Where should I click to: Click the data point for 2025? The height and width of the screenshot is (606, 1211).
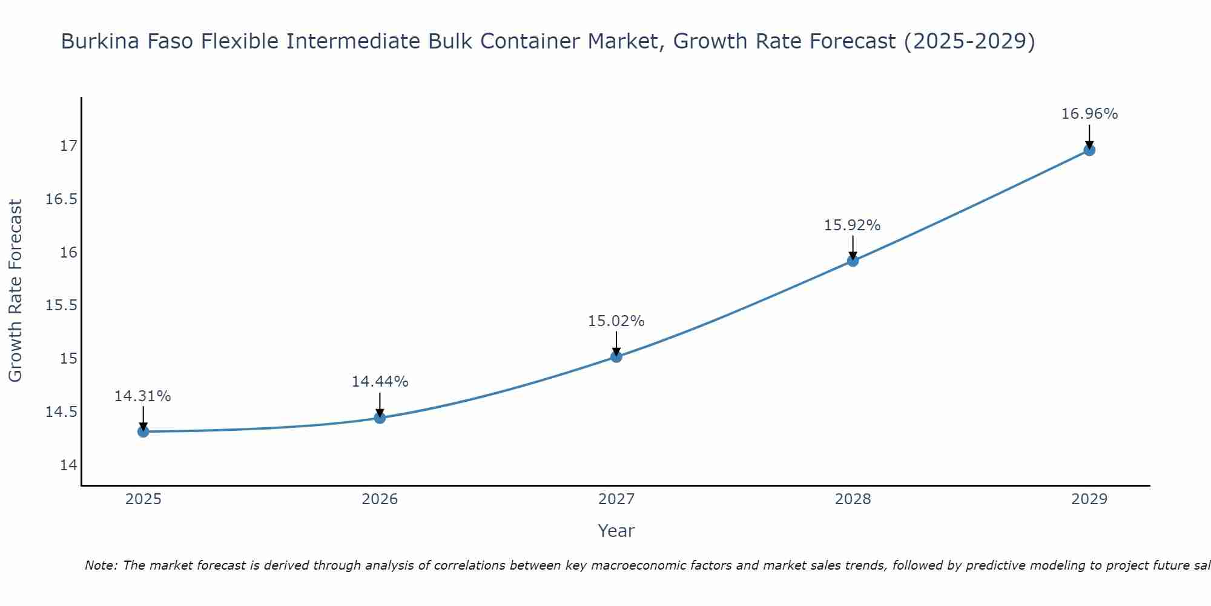(x=144, y=431)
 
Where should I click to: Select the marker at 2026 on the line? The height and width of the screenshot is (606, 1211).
(x=380, y=418)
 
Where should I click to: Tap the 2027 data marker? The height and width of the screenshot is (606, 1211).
(x=616, y=356)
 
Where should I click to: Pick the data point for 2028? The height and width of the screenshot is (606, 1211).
(x=853, y=261)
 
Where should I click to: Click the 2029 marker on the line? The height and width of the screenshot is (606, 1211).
(x=1089, y=150)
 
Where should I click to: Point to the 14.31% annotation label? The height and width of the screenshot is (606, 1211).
(x=143, y=396)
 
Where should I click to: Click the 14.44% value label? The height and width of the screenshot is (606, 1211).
(x=380, y=382)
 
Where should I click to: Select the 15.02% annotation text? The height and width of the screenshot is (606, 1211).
(x=616, y=321)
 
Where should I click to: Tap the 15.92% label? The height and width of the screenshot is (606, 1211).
(x=853, y=225)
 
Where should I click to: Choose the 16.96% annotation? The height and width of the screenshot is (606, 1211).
(x=1089, y=114)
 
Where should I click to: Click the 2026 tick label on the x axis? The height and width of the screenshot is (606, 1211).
(x=380, y=499)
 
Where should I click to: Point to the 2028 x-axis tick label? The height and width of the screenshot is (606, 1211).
(x=853, y=499)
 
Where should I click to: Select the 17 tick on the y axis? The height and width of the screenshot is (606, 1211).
(x=68, y=146)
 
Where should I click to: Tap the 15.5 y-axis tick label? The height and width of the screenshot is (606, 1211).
(x=62, y=305)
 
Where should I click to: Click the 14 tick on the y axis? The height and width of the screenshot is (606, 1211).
(x=68, y=465)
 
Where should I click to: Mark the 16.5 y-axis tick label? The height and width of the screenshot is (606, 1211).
(x=62, y=199)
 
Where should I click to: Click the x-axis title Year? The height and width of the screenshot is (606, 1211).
(x=616, y=531)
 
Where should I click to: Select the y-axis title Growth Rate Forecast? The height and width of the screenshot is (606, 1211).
(x=16, y=291)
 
